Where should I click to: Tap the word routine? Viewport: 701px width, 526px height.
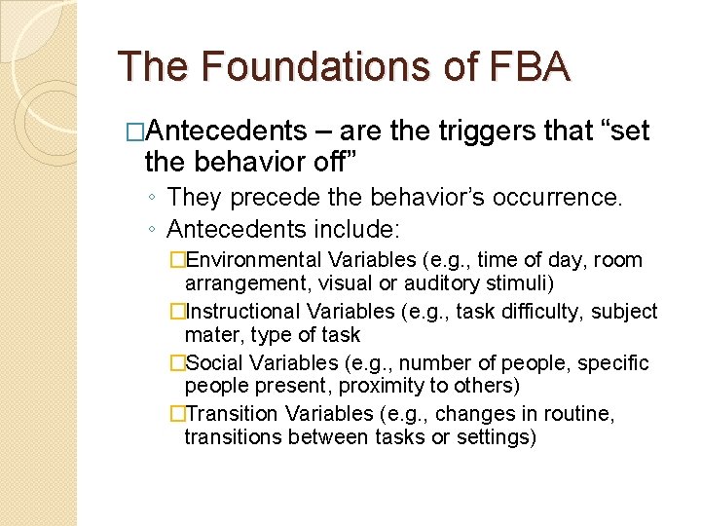click(x=579, y=415)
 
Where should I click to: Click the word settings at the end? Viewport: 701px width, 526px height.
click(x=499, y=438)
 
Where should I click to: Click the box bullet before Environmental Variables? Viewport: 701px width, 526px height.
click(x=176, y=260)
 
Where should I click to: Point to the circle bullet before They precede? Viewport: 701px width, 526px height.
click(x=154, y=199)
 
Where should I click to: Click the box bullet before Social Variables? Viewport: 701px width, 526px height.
click(x=176, y=363)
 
